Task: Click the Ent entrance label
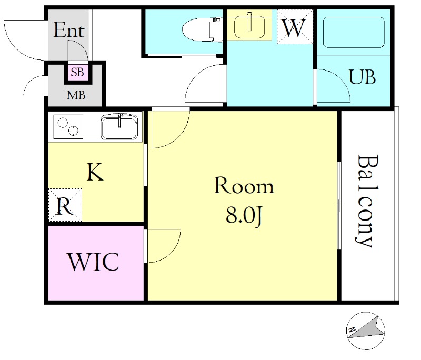(x=69, y=30)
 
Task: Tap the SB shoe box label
(x=77, y=72)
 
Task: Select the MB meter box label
(x=76, y=95)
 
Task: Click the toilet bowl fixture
(x=202, y=29)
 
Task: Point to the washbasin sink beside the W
(x=249, y=25)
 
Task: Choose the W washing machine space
(x=295, y=26)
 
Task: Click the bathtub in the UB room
(x=354, y=33)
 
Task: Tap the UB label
(x=362, y=77)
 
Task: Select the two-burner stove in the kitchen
(x=68, y=127)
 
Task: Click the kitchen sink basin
(x=119, y=126)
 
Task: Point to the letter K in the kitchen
(x=95, y=172)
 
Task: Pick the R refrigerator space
(x=65, y=205)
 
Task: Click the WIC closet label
(x=94, y=262)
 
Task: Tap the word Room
(x=244, y=185)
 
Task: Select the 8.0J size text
(x=244, y=216)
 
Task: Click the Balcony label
(x=367, y=201)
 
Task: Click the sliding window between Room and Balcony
(x=339, y=206)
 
